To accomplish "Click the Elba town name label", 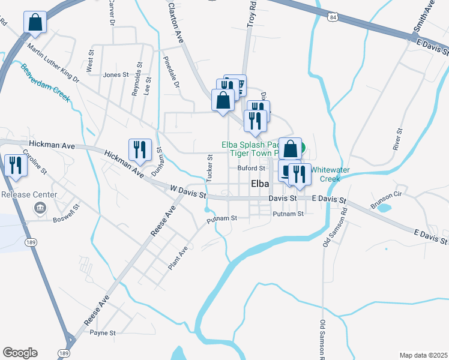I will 259,184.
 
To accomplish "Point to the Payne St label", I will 103,333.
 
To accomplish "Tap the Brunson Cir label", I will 385,199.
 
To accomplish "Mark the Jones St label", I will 116,75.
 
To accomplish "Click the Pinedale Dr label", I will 171,72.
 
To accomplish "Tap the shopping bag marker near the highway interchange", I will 35,22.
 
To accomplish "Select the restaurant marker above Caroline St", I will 14,166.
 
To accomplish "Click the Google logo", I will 20,353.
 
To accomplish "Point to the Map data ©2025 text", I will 423,355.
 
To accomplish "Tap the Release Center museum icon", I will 40,208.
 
